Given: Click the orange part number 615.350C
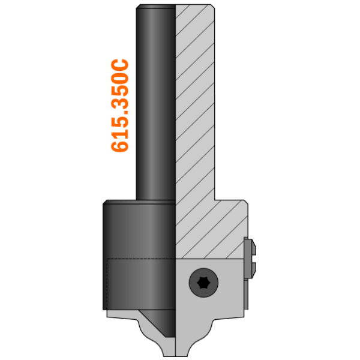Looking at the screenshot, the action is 119,106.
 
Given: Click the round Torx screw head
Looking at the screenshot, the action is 203,283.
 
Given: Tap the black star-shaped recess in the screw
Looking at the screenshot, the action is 203,283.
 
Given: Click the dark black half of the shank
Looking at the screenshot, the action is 155,102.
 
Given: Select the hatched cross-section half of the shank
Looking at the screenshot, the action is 195,102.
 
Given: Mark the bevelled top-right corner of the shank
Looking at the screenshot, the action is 213,6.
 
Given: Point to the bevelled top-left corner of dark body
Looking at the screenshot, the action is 105,202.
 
